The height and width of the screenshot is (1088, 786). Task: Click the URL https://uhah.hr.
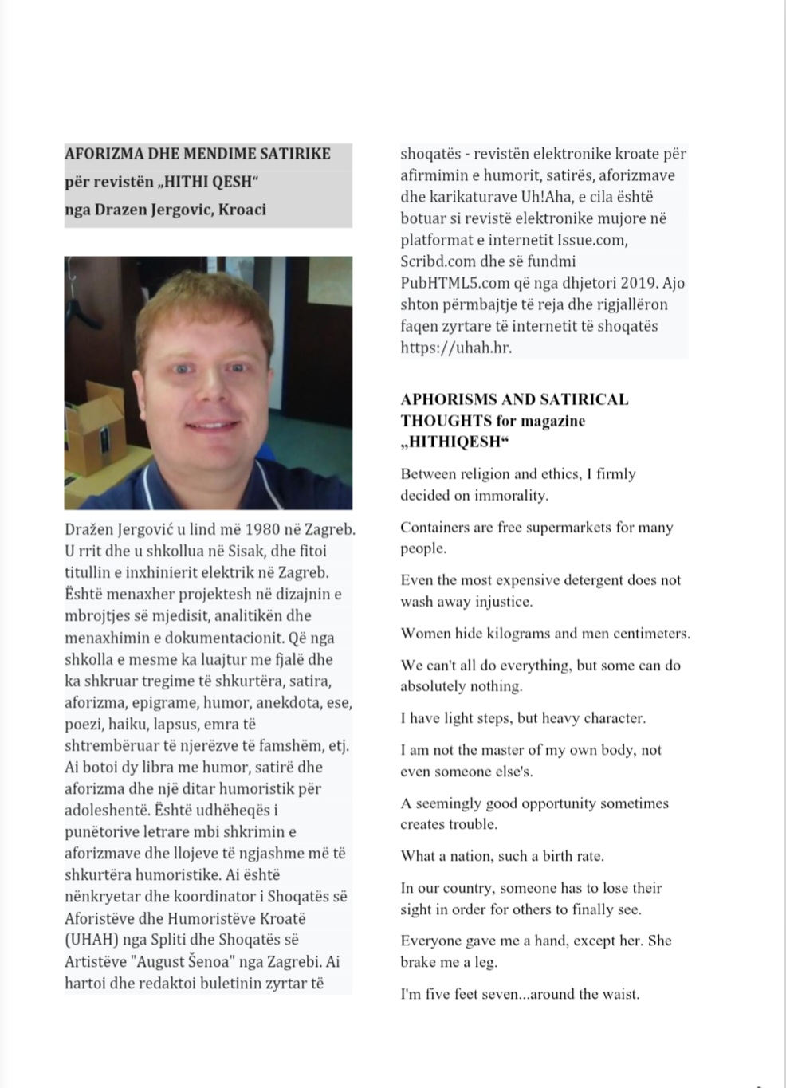456,348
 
